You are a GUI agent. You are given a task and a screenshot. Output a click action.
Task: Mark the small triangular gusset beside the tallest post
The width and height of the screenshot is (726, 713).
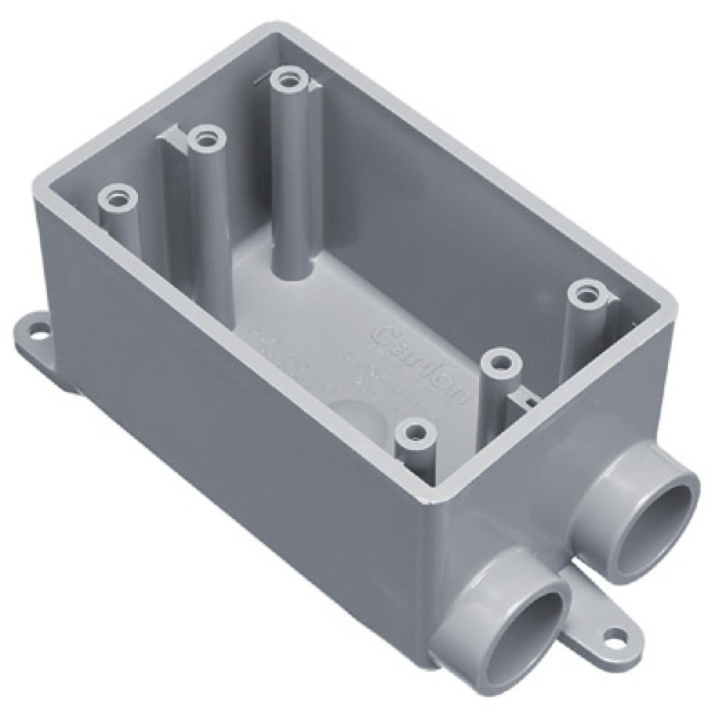tap(314, 86)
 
